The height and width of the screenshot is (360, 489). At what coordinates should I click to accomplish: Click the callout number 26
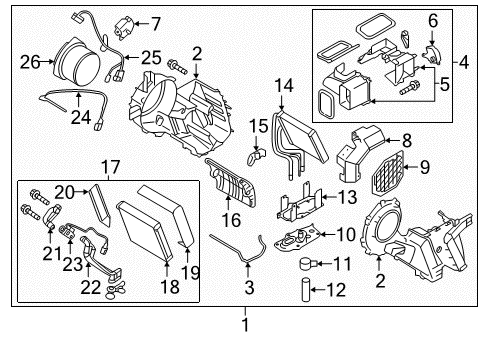pyautogui.click(x=30, y=61)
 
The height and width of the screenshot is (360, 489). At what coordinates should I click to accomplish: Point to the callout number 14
pyautogui.click(x=283, y=87)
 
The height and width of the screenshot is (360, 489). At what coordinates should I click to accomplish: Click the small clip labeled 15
pyautogui.click(x=254, y=155)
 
